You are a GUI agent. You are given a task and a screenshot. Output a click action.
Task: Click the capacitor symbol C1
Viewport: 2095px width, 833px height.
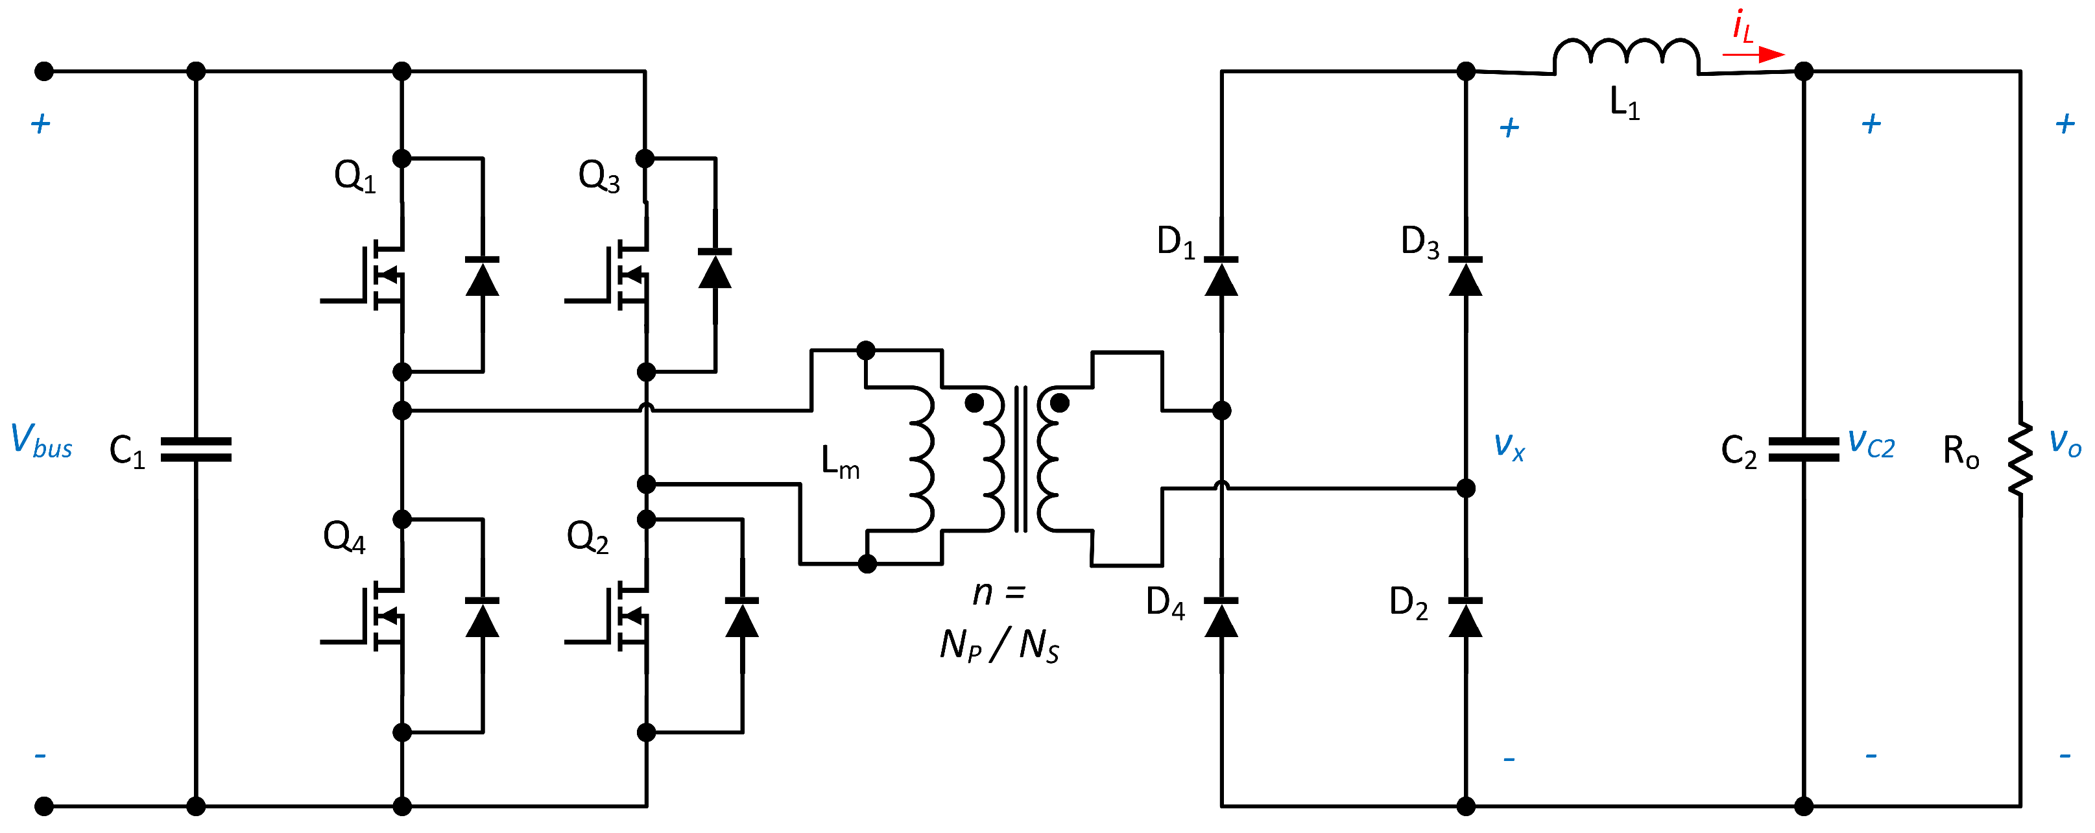(196, 450)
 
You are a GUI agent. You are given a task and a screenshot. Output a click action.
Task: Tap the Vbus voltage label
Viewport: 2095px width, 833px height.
(42, 441)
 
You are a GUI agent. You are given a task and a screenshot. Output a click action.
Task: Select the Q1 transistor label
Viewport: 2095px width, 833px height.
(355, 176)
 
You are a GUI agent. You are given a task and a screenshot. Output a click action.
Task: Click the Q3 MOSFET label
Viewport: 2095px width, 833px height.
(599, 176)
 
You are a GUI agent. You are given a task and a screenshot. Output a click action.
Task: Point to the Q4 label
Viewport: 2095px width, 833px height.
(344, 538)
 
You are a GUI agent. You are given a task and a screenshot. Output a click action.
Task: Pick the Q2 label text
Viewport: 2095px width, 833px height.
(587, 538)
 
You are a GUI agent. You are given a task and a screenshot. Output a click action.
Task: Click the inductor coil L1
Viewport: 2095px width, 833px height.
(1626, 55)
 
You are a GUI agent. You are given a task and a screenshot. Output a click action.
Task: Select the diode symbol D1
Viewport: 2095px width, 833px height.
(1221, 276)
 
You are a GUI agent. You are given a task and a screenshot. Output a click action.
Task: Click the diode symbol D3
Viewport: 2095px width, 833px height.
(1465, 276)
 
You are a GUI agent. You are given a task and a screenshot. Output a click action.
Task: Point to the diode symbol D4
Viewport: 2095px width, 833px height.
(1221, 618)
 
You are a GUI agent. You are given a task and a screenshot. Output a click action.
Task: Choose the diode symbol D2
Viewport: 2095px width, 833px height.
(1465, 618)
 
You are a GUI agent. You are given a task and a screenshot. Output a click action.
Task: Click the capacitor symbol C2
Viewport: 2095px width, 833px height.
(1804, 450)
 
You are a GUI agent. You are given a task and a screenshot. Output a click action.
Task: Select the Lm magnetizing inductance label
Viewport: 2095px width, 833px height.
(839, 462)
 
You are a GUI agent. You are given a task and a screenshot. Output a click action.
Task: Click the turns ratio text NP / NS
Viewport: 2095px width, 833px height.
(1000, 645)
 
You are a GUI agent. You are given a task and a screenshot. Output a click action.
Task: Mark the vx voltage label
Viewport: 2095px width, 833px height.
(1509, 445)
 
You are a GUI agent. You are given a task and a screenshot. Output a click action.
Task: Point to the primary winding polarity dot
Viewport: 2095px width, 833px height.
(974, 403)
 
